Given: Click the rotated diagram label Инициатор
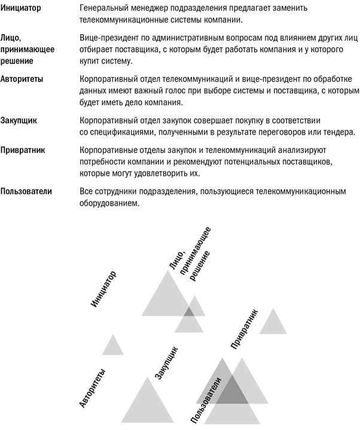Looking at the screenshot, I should (x=103, y=289).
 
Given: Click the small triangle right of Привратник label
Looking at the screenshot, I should (x=273, y=324).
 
